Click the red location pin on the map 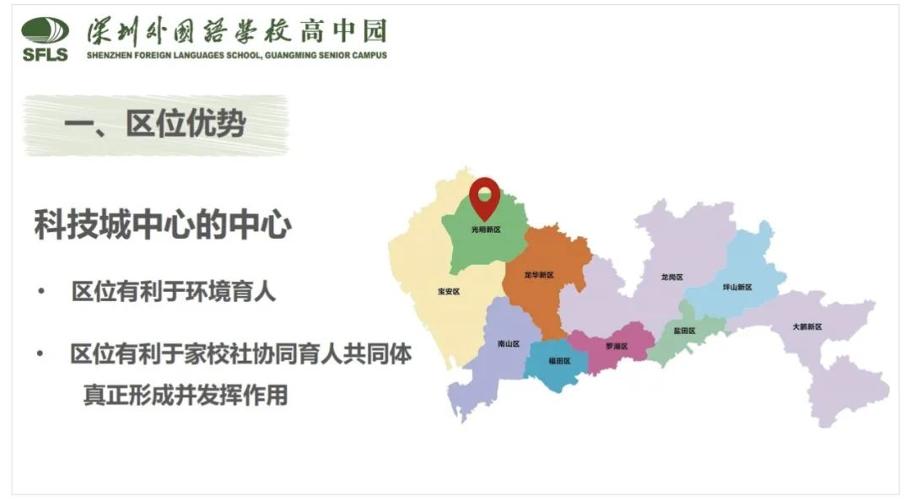(485, 197)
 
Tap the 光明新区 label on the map (486, 229)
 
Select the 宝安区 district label (449, 292)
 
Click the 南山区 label (509, 343)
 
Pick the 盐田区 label (684, 331)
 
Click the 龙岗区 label (672, 277)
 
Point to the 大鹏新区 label (806, 327)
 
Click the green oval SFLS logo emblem (46, 31)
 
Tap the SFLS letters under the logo (46, 55)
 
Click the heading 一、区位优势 (155, 125)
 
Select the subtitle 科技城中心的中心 (163, 225)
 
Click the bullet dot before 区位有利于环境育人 (40, 292)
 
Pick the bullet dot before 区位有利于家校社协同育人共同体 (40, 354)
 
